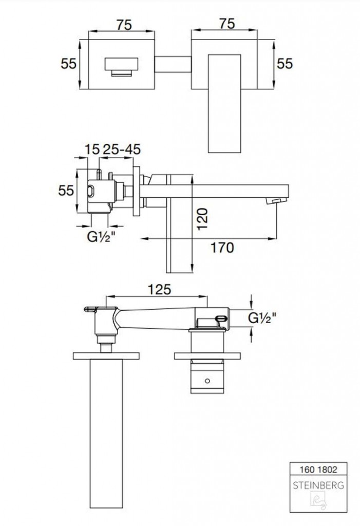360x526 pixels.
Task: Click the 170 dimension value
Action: [222, 248]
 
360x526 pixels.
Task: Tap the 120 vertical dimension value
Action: [202, 219]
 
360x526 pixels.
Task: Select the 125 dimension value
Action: [159, 289]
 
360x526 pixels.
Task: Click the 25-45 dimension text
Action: [121, 149]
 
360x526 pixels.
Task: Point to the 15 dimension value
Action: [92, 149]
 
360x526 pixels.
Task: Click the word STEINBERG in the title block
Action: [318, 485]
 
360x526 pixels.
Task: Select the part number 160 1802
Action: [318, 469]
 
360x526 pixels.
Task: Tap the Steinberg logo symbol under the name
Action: [318, 500]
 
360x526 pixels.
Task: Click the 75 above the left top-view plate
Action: [124, 25]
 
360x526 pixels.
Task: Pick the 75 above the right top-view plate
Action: [227, 24]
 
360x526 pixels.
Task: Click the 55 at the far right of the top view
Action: [285, 63]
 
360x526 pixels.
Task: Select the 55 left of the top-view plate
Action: [68, 63]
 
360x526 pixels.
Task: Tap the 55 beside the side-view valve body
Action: [66, 191]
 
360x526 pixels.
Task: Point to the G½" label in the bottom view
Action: [262, 317]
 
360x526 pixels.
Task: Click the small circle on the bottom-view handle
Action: [207, 381]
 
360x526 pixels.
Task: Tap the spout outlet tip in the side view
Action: [277, 201]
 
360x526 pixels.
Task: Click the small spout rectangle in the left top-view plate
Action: [121, 67]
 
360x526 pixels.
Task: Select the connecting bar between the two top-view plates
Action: [173, 64]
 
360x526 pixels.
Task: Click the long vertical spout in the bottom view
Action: [106, 435]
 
